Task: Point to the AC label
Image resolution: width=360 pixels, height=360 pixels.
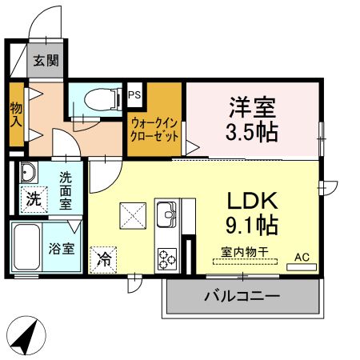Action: point(302,257)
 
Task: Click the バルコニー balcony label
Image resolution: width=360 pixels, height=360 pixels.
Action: point(241,297)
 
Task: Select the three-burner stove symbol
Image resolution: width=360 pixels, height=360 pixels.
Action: point(168,258)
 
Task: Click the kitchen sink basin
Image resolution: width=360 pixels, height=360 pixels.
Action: point(168,213)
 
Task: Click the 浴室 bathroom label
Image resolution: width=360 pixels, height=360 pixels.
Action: point(65,248)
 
